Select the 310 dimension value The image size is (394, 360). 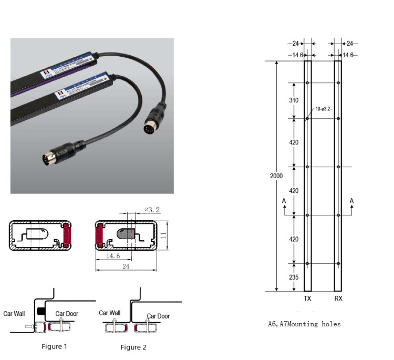pyautogui.click(x=293, y=100)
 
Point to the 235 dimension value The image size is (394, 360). pyautogui.click(x=293, y=277)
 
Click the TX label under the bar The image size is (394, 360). pyautogui.click(x=307, y=297)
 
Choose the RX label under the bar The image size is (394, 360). pyautogui.click(x=338, y=297)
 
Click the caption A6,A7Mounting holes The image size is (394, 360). pyautogui.click(x=304, y=324)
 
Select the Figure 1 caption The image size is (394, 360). pyautogui.click(x=55, y=346)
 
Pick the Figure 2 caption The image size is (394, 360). pyautogui.click(x=133, y=347)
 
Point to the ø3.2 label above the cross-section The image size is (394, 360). pyautogui.click(x=152, y=210)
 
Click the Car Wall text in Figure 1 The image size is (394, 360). pyautogui.click(x=14, y=314)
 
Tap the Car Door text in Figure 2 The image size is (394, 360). pyautogui.click(x=158, y=316)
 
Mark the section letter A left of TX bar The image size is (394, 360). pyautogui.click(x=284, y=201)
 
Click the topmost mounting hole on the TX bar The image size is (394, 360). pyautogui.click(x=308, y=83)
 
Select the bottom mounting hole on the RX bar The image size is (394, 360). pyautogui.click(x=338, y=263)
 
